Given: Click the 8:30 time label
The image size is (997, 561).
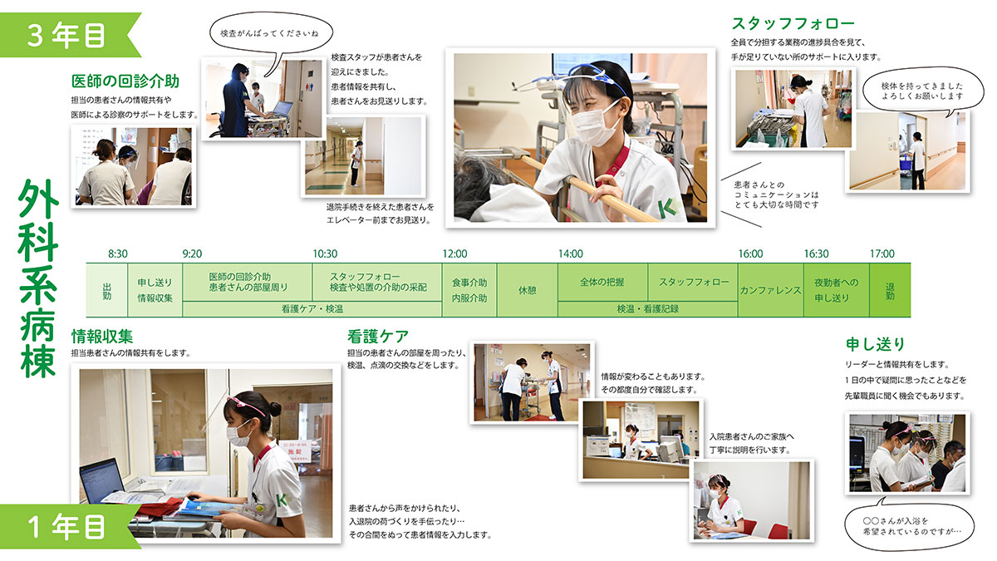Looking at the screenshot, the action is click(x=117, y=253).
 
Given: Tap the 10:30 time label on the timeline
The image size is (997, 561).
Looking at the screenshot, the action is click(x=325, y=253).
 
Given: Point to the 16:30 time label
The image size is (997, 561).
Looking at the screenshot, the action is click(x=816, y=253).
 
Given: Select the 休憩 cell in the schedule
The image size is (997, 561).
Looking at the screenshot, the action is click(x=528, y=290).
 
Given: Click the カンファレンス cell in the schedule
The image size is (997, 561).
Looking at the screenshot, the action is click(x=770, y=290).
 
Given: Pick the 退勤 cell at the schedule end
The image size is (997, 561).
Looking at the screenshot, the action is click(x=890, y=290).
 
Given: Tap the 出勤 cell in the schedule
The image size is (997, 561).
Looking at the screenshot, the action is click(x=107, y=290).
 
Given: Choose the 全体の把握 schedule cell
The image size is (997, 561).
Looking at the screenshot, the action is click(x=602, y=283).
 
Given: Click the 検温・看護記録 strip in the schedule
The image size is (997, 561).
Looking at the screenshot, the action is click(x=647, y=309).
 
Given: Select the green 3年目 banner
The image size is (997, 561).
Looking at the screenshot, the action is click(x=66, y=35).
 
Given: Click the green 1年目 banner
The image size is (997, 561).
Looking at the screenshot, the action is click(x=66, y=527).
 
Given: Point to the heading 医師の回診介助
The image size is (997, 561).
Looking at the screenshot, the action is click(x=125, y=81).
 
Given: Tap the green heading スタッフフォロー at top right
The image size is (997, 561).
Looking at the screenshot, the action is click(x=793, y=23).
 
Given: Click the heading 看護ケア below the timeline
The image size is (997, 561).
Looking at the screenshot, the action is click(x=377, y=337).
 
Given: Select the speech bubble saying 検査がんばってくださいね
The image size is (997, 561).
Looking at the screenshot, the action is click(x=271, y=33).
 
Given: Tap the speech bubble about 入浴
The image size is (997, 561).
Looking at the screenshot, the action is click(x=909, y=525).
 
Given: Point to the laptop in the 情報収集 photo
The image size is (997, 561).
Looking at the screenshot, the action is click(x=102, y=481).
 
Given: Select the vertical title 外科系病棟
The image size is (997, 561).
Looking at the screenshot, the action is click(x=38, y=278).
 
